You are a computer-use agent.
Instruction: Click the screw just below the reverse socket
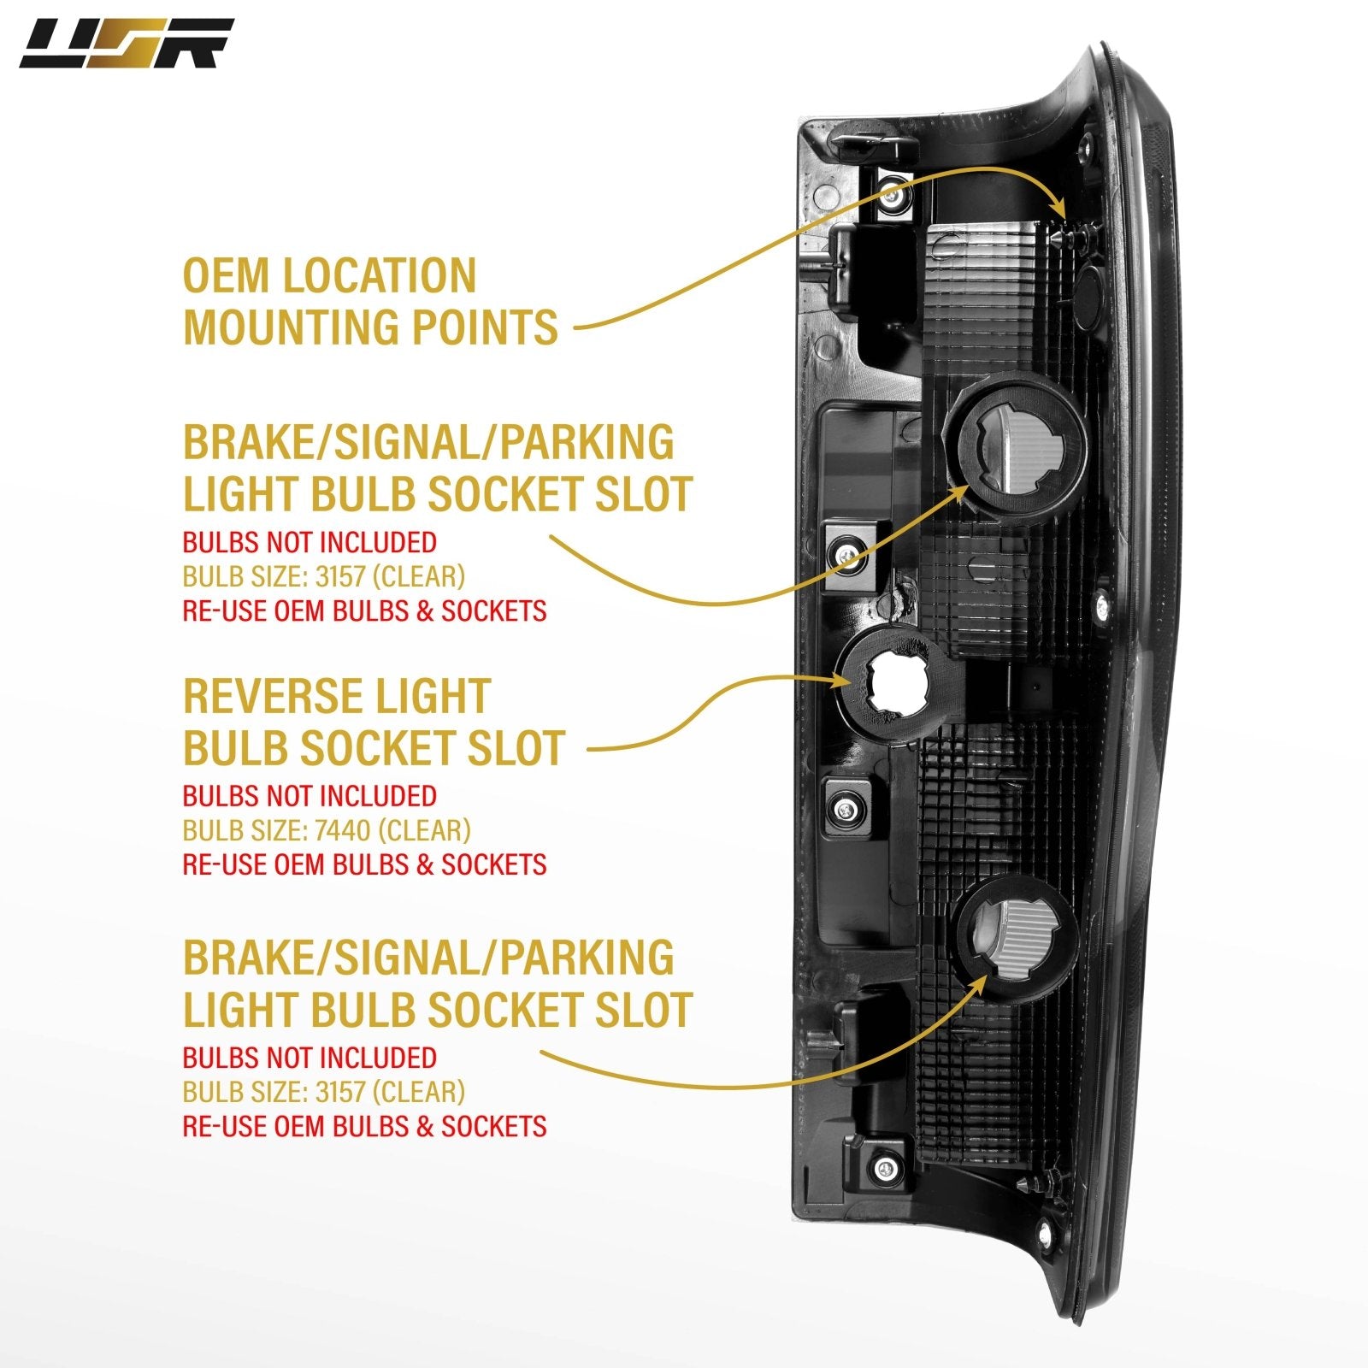[x=846, y=809]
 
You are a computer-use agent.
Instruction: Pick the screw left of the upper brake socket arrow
[x=846, y=554]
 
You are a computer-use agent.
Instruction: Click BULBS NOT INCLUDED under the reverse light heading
[x=310, y=796]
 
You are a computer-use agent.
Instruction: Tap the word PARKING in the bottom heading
[x=587, y=957]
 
